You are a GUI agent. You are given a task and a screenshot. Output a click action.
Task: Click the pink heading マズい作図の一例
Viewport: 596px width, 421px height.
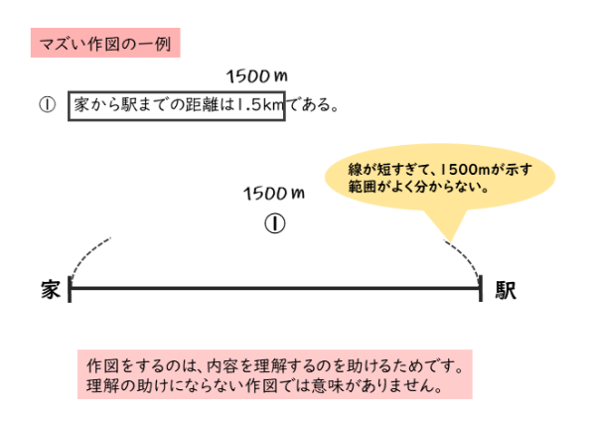point(106,43)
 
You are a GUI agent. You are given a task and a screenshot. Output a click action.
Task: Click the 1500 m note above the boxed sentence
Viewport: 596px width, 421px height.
point(256,75)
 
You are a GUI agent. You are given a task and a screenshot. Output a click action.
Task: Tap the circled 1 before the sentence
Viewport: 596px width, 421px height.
point(46,104)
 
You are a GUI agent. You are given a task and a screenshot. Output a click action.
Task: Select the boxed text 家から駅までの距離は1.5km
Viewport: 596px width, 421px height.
point(176,104)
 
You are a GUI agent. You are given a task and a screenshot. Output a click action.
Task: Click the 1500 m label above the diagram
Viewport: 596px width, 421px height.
point(273,191)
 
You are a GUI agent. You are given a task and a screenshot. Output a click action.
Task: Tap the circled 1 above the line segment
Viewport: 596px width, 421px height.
point(274,222)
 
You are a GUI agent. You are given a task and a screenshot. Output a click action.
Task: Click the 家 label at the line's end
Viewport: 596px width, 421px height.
point(52,289)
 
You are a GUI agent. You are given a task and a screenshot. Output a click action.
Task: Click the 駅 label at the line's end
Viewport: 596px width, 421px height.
point(506,289)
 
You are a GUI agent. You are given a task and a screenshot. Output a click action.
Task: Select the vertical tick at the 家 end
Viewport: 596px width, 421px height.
point(70,288)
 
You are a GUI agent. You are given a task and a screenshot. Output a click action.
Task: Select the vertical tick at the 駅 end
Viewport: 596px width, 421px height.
point(481,288)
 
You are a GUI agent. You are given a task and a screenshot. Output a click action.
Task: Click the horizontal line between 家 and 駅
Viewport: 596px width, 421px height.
point(275,289)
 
